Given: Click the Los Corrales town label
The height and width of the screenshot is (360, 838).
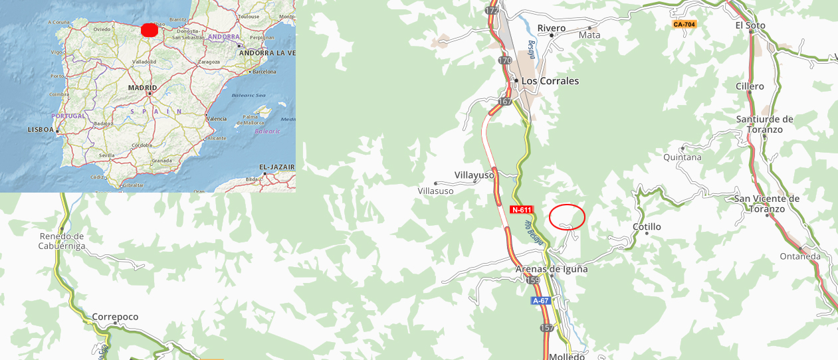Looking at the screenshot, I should click(x=550, y=81).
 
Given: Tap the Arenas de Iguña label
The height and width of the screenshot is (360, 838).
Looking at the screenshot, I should click(x=552, y=269).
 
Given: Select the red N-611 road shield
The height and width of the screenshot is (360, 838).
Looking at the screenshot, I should click(x=522, y=210).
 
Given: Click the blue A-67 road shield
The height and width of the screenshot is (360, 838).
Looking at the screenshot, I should click(x=540, y=301).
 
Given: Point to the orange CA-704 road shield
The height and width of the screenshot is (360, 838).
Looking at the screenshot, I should click(x=684, y=25).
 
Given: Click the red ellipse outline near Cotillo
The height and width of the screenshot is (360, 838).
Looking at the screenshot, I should click(x=567, y=217).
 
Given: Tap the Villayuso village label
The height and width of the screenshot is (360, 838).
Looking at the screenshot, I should click(x=474, y=175).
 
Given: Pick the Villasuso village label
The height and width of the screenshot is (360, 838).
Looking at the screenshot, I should click(x=435, y=191).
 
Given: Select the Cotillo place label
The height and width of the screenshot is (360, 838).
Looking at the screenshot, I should click(x=647, y=227).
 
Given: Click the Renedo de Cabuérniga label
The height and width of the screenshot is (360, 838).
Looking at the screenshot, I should click(x=61, y=240).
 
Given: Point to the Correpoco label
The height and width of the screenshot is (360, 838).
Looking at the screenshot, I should click(x=115, y=317).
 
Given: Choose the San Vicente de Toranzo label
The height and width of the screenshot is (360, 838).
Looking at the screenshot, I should click(x=766, y=203).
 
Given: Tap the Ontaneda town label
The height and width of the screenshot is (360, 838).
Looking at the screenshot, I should click(x=800, y=256).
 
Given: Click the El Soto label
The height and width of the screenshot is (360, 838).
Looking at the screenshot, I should click(x=750, y=26).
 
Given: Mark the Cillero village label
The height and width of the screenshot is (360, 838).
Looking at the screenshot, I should click(x=750, y=86).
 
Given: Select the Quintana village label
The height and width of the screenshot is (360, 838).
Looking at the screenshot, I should click(x=682, y=157).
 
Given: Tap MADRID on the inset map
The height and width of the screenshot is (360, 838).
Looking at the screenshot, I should click(x=142, y=88).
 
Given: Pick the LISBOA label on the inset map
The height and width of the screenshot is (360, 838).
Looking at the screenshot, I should click(x=41, y=130).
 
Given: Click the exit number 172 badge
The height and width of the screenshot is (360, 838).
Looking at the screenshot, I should click(x=492, y=11).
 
